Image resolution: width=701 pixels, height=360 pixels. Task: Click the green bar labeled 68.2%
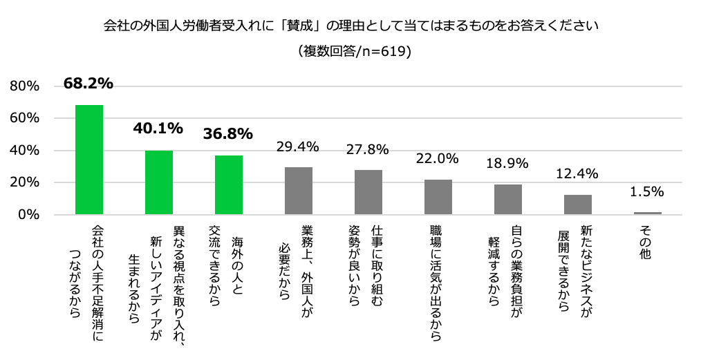(89, 160)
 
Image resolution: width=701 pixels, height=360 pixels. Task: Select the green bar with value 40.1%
(159, 182)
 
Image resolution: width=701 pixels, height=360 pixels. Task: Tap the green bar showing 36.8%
(229, 185)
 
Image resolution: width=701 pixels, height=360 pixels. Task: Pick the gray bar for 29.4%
(299, 191)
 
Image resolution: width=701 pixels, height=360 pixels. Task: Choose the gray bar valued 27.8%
(368, 192)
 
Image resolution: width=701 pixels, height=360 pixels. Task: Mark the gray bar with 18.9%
(508, 200)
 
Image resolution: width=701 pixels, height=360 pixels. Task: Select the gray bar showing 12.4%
(578, 205)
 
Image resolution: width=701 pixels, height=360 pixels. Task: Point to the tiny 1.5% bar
(648, 213)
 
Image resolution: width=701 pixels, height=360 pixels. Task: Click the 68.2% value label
(88, 84)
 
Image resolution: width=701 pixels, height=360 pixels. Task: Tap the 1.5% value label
(648, 191)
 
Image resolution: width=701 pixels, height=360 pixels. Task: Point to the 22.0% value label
(438, 158)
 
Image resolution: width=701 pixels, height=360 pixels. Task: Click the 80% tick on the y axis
(24, 86)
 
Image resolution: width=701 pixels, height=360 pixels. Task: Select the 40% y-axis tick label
(24, 151)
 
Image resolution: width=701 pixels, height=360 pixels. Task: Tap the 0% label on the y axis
(28, 215)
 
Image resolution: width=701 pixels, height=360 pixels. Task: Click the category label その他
(648, 243)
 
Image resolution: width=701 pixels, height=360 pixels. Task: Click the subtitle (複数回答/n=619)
(350, 51)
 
